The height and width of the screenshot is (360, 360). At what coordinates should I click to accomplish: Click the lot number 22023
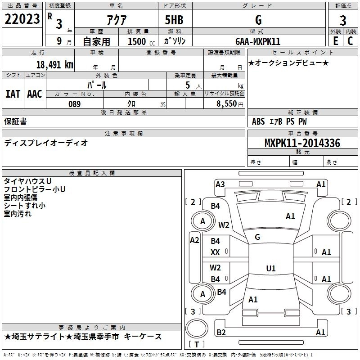(22, 20)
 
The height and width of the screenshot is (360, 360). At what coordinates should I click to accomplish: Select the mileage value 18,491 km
(54, 64)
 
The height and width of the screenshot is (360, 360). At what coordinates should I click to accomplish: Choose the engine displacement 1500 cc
(137, 41)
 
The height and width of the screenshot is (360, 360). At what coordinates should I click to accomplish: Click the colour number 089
(74, 103)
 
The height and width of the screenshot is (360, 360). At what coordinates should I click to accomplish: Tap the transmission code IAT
(13, 94)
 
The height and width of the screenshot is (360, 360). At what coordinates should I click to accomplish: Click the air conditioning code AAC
(35, 94)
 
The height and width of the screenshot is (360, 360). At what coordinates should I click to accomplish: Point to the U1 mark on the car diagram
(270, 268)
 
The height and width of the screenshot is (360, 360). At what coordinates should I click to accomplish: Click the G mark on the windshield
(257, 237)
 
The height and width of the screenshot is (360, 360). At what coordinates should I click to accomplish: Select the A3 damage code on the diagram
(220, 184)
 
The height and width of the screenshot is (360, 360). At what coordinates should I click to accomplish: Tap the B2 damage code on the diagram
(221, 332)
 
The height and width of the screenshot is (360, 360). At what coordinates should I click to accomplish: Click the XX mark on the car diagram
(216, 253)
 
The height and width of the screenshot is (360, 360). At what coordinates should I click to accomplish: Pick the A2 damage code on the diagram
(194, 240)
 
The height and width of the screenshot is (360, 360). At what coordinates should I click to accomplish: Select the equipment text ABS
(258, 121)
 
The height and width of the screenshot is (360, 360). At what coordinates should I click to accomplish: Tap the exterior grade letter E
(335, 41)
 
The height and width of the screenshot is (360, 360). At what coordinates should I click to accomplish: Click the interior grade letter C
(350, 41)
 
